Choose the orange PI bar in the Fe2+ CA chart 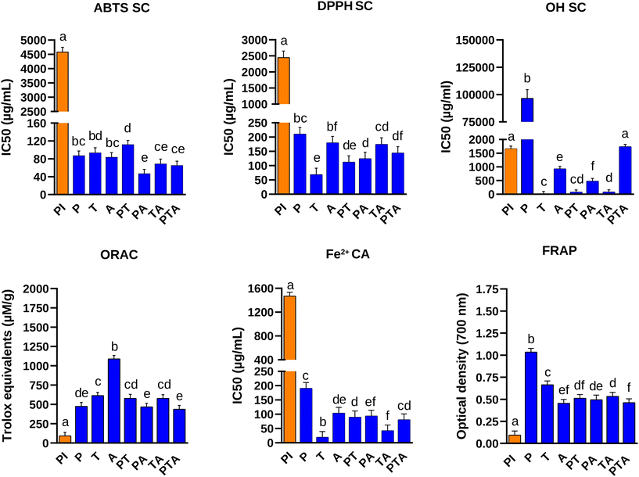tap(289, 368)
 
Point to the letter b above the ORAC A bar tap(114, 347)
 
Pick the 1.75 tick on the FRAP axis tap(501, 289)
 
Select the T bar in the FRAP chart tap(547, 414)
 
